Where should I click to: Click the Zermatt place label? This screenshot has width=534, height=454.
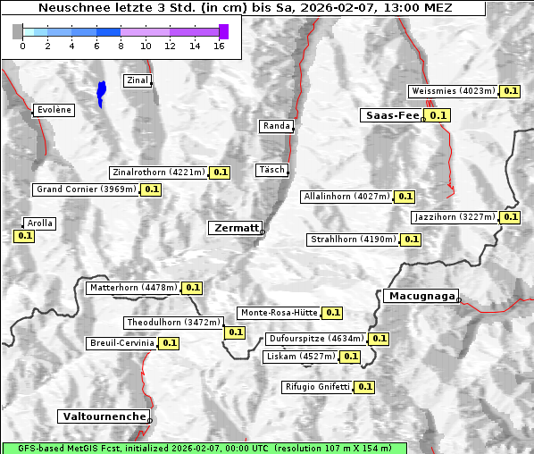pos(235,228)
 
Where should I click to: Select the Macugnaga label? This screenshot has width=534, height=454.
pos(420,296)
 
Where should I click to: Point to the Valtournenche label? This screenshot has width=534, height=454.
pos(104,416)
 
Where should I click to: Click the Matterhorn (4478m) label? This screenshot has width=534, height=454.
pos(133,288)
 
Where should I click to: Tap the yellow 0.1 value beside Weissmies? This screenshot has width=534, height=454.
pos(511,91)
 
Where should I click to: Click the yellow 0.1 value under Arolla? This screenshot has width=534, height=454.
pos(24,237)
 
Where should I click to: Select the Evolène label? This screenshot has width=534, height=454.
pos(54,110)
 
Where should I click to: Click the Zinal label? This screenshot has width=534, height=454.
pos(137,80)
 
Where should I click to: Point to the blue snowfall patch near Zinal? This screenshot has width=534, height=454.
pos(101,92)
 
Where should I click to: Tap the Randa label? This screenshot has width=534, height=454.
pos(276,126)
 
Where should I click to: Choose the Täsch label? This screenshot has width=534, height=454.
pos(271,170)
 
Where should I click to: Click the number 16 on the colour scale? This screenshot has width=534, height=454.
pos(219,46)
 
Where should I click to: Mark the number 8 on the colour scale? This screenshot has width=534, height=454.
pos(121,46)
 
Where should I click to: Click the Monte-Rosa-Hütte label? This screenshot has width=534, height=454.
pos(279,313)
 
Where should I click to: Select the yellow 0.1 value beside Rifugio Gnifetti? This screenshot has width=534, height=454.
pos(364,387)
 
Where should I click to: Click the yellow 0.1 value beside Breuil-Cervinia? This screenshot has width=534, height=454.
pos(170,343)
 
